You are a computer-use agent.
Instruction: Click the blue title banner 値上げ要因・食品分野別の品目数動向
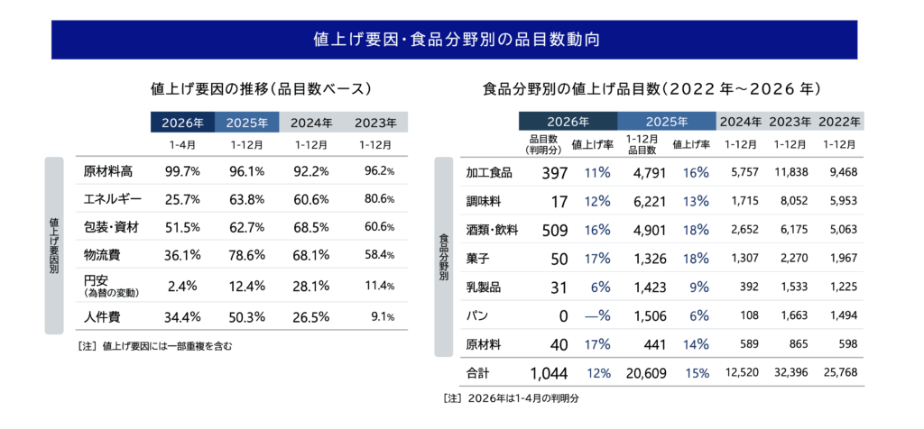click(x=461, y=40)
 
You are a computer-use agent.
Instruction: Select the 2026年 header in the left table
click(x=182, y=123)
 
